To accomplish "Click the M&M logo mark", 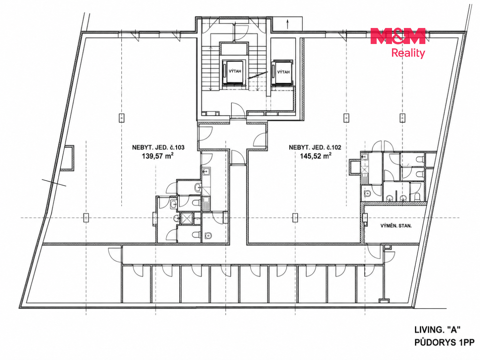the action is [398, 36].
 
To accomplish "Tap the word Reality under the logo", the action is [408, 53].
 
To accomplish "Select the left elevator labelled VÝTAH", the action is [235, 71].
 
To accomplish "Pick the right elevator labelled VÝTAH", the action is [282, 72].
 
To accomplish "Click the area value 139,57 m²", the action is [158, 156].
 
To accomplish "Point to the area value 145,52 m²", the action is [316, 156].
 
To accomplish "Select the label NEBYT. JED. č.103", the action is [158, 147].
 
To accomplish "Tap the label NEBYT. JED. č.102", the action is [315, 147].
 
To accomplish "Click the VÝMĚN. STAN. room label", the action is [396, 226].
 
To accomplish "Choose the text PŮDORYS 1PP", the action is [444, 342].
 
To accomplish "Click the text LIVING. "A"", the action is [437, 330].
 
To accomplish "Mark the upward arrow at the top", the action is [288, 24].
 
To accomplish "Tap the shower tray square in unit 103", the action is [187, 218].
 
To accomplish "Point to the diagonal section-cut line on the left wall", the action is [54, 183].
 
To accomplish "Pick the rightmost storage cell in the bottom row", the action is [370, 284].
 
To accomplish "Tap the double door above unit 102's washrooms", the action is [382, 146].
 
